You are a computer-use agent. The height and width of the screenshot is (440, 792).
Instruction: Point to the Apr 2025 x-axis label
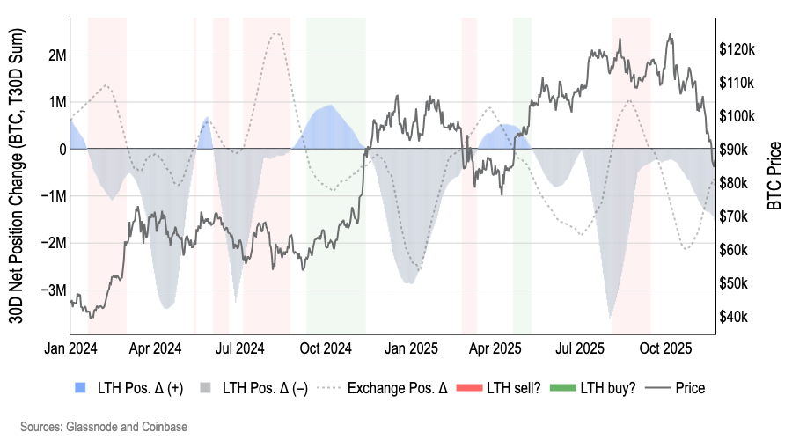point(491,348)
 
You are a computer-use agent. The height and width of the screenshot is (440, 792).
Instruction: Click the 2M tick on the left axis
point(55,55)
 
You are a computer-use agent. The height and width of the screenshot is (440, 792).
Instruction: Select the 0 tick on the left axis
point(62,149)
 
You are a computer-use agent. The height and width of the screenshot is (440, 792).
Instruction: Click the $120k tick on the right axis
point(737,49)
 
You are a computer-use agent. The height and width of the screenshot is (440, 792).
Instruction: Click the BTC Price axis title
point(774,176)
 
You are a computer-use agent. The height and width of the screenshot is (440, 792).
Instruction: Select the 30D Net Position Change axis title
point(17,176)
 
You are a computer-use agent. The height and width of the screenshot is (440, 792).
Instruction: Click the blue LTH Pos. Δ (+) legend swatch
point(82,387)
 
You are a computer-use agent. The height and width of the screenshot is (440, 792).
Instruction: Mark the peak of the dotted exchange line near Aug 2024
point(276,33)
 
